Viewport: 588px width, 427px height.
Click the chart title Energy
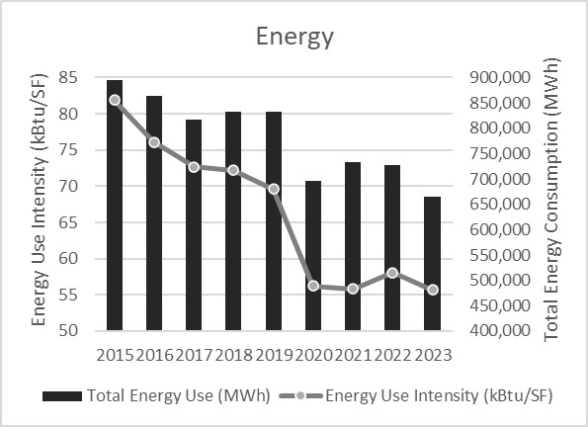(x=294, y=38)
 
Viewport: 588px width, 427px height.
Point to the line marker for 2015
(x=115, y=100)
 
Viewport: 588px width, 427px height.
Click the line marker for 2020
(x=312, y=286)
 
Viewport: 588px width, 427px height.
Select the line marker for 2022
(x=392, y=273)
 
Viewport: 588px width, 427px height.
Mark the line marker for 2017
(x=194, y=167)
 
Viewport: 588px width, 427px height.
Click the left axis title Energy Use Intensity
(x=40, y=204)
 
